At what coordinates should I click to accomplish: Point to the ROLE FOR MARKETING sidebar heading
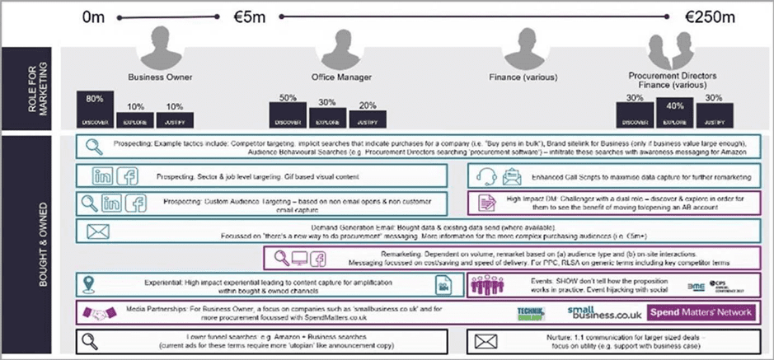(x=30, y=87)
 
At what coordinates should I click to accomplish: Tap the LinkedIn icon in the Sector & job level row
(x=103, y=175)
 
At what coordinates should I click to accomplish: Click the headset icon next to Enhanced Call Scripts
(x=486, y=175)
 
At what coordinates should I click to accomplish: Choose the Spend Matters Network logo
(x=701, y=313)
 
